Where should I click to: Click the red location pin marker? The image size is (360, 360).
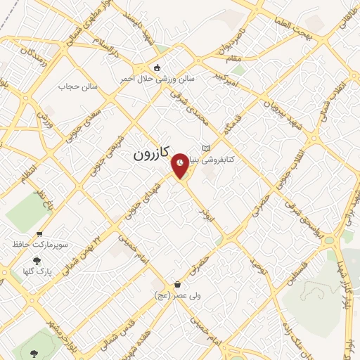[x=181, y=164]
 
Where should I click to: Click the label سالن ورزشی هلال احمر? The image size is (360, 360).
[x=178, y=79]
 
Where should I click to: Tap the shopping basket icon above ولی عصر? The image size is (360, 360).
[x=177, y=284]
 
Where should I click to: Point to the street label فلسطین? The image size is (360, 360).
[x=301, y=274]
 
